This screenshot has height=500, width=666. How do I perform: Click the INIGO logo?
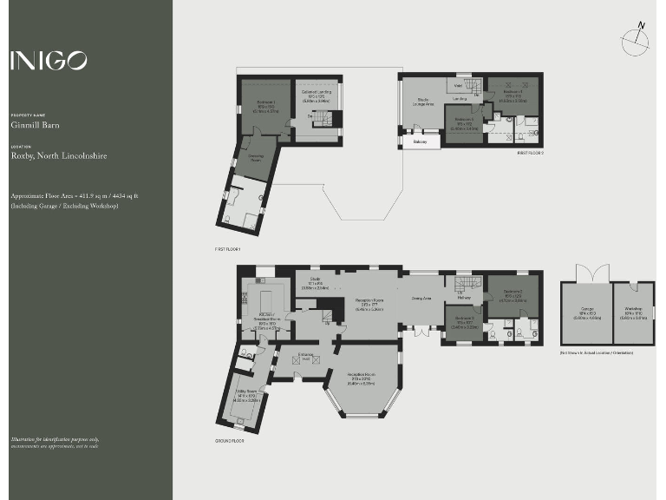coord(49,61)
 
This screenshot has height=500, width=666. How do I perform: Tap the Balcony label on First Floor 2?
coord(420,141)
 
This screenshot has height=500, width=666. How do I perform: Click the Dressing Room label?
coord(256,159)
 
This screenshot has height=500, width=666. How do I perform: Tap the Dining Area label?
coord(422,299)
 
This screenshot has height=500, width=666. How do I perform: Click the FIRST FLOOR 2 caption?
coord(529,153)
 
